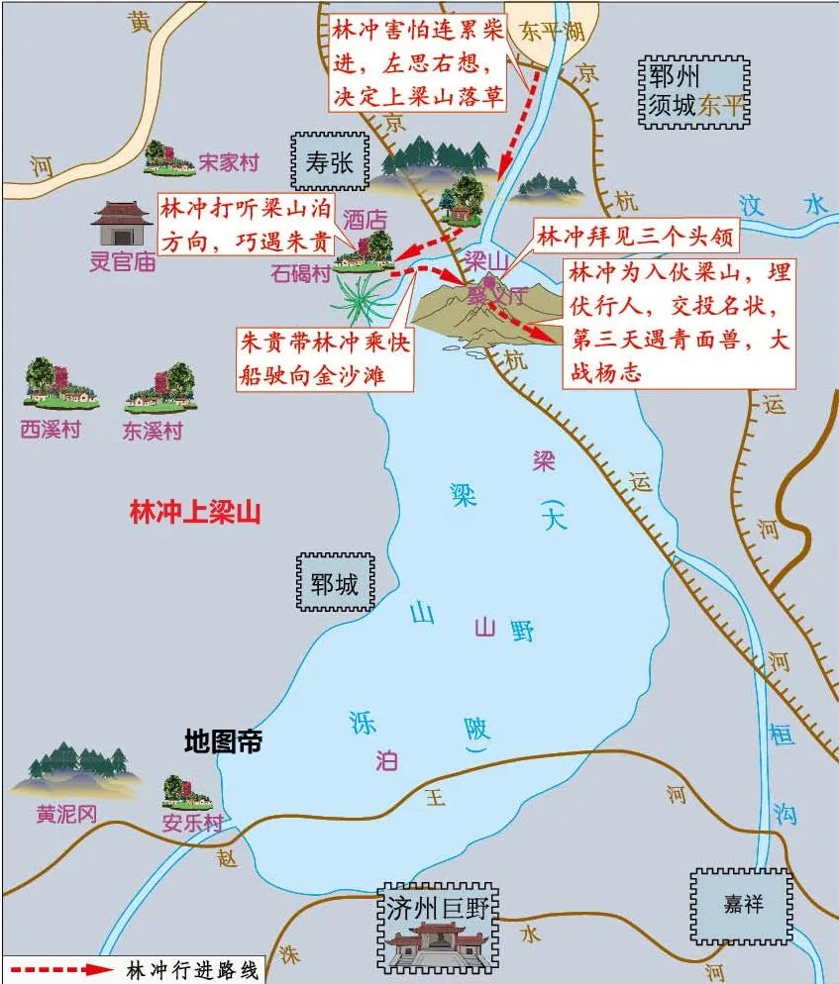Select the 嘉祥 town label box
tap(743, 903)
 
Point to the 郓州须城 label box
tap(694, 91)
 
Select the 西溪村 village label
tap(51, 430)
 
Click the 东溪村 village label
tap(153, 432)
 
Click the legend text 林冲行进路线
tap(192, 970)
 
